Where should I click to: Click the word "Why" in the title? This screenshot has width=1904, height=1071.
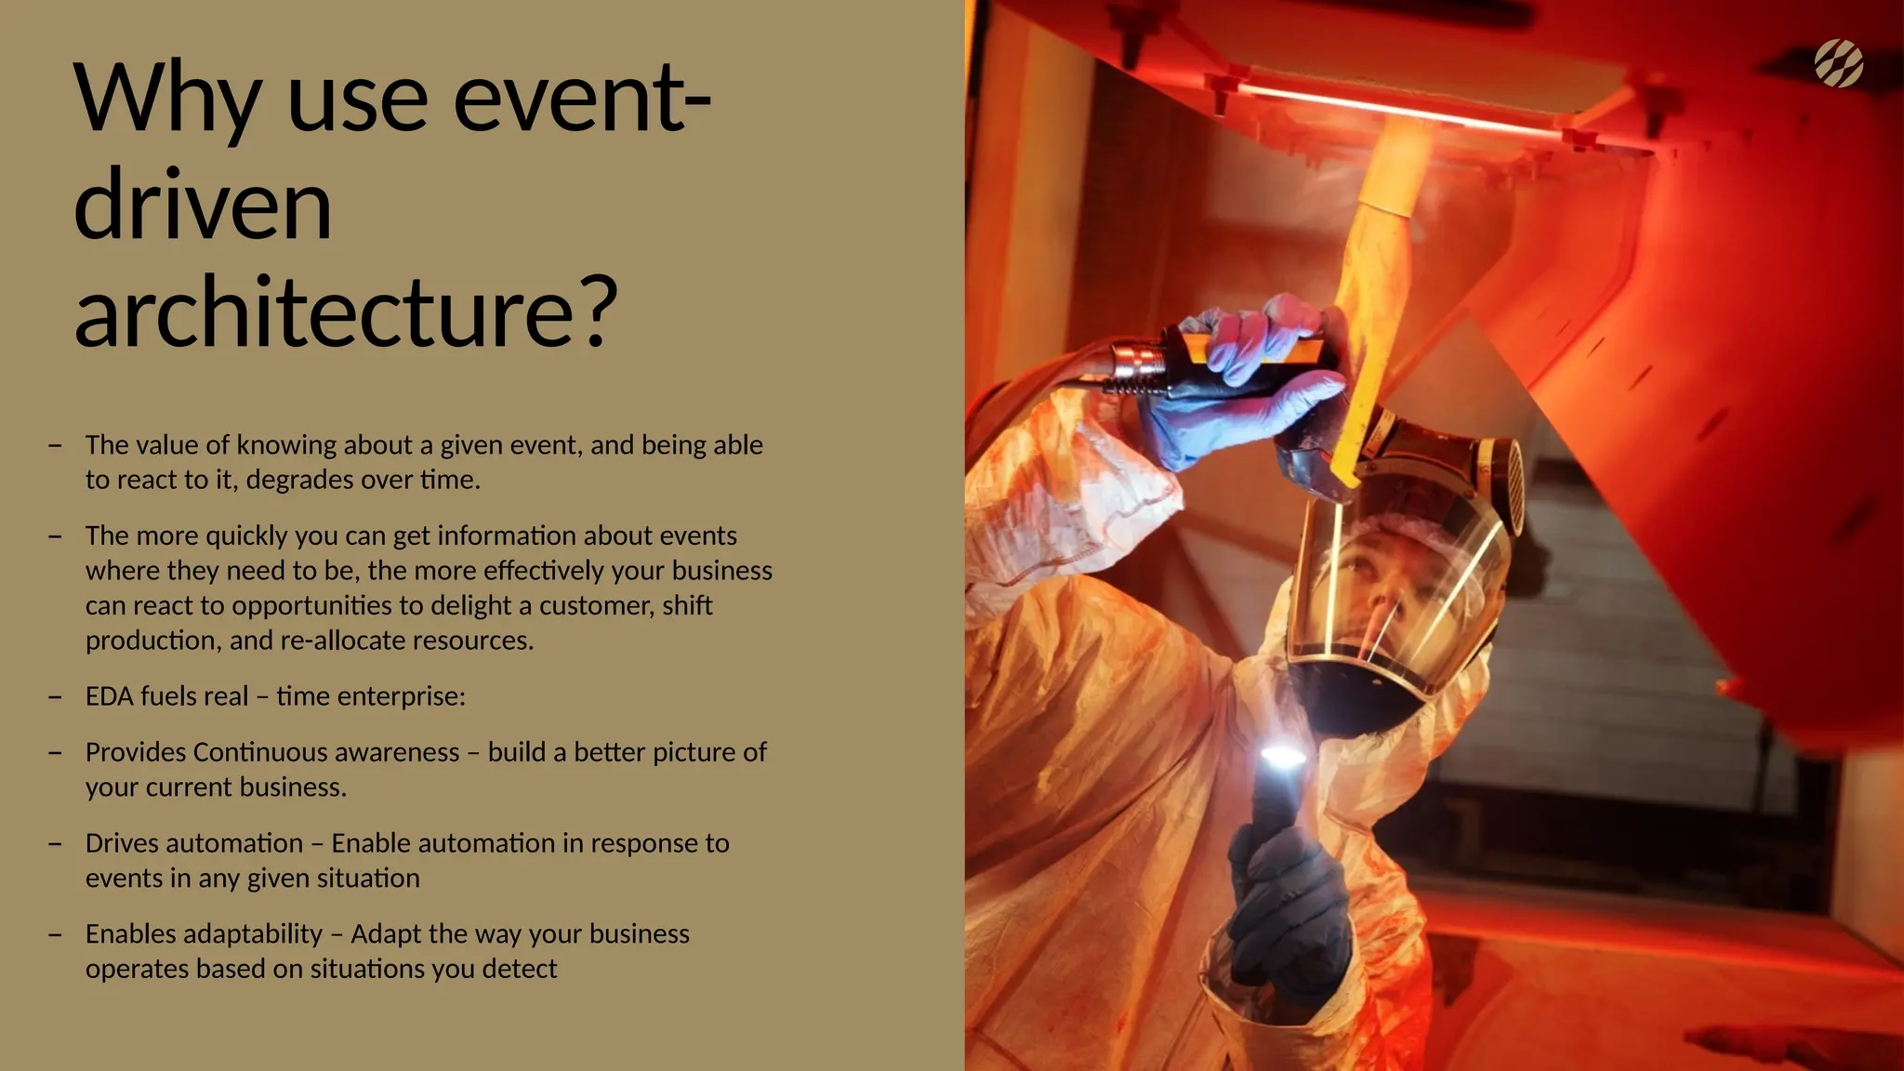click(x=168, y=100)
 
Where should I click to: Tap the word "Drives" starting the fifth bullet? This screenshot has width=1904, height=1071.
click(x=123, y=843)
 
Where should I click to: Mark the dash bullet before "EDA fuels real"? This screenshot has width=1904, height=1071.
click(x=56, y=696)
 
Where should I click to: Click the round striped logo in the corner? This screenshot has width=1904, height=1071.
click(x=1838, y=63)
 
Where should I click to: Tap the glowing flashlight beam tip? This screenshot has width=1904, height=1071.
click(x=1282, y=757)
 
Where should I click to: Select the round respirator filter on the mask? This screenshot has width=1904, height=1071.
click(x=1505, y=483)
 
